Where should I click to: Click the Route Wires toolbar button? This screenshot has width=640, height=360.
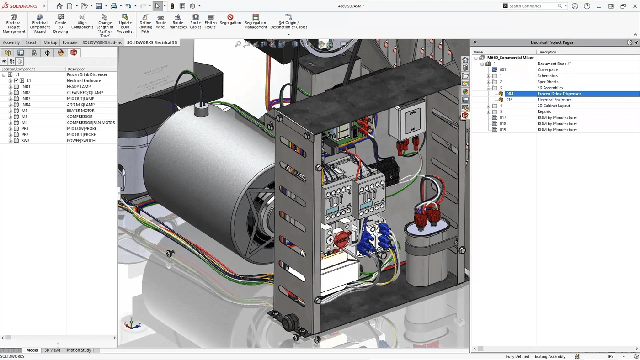click(x=160, y=22)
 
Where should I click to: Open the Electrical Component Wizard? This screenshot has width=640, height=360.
click(x=40, y=24)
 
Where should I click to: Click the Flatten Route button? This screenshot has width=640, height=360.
click(x=210, y=22)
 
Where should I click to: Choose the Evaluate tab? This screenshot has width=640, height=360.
click(x=70, y=42)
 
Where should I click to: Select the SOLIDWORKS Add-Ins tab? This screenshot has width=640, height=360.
click(x=102, y=42)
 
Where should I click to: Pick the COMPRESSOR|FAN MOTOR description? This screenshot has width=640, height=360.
click(x=91, y=122)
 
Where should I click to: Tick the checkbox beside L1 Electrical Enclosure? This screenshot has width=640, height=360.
click(x=16, y=81)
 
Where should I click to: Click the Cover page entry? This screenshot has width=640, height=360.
click(x=547, y=70)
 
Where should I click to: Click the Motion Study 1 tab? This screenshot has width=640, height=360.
click(x=80, y=350)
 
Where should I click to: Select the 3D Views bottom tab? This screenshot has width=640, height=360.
click(x=52, y=350)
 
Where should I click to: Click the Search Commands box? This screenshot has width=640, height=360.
click(x=532, y=6)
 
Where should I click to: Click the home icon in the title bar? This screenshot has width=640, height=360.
click(x=59, y=6)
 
